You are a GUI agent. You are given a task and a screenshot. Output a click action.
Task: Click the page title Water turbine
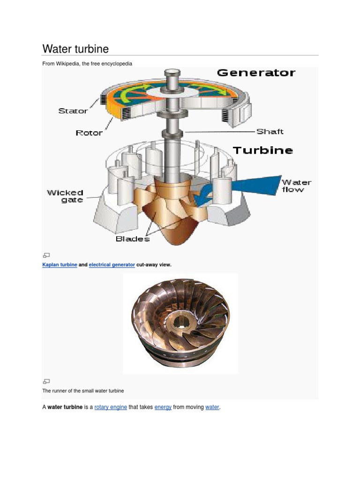[x=75, y=49]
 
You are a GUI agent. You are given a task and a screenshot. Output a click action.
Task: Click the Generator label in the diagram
[x=256, y=73]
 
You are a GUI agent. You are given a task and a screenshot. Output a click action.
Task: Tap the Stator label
[x=73, y=111]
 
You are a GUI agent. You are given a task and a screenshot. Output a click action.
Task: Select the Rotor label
[x=89, y=133]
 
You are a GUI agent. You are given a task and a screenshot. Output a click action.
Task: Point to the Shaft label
[x=270, y=132]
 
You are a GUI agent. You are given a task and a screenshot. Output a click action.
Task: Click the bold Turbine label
[x=262, y=150]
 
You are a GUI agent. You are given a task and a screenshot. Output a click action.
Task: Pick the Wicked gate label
[x=65, y=196]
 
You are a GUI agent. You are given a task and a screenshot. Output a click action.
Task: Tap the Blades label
[x=133, y=239]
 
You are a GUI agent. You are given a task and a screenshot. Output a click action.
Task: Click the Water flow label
[x=296, y=186]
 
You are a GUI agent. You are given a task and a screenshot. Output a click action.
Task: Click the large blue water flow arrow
[x=253, y=184]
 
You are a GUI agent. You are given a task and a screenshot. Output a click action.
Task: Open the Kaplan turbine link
[x=60, y=265]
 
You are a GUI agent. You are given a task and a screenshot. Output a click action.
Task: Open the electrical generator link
[x=112, y=265]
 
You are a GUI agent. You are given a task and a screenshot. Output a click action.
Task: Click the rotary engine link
[x=111, y=407]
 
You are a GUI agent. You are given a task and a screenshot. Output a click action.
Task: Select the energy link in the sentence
[x=163, y=407]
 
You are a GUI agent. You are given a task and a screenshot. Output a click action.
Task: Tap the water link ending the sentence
[x=212, y=407]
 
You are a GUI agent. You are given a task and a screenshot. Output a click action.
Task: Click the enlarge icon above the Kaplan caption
[x=46, y=255]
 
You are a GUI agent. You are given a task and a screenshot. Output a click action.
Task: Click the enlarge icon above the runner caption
[x=46, y=381]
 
